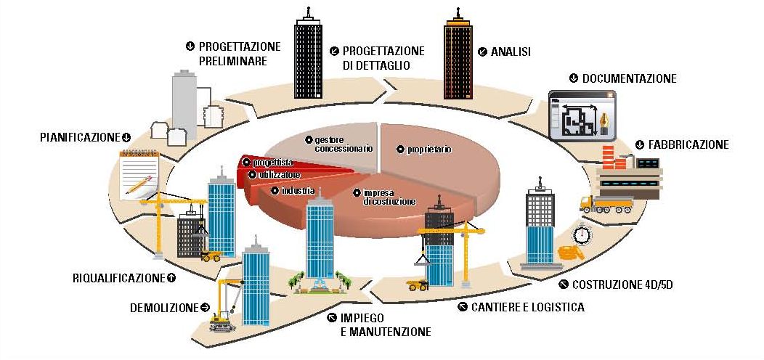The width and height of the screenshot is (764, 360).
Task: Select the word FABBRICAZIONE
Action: tap(687, 144)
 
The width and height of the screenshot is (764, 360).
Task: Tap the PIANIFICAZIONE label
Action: tap(79, 136)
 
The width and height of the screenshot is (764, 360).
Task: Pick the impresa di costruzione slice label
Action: tap(389, 196)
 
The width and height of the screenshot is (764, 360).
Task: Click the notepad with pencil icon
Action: tap(139, 173)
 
